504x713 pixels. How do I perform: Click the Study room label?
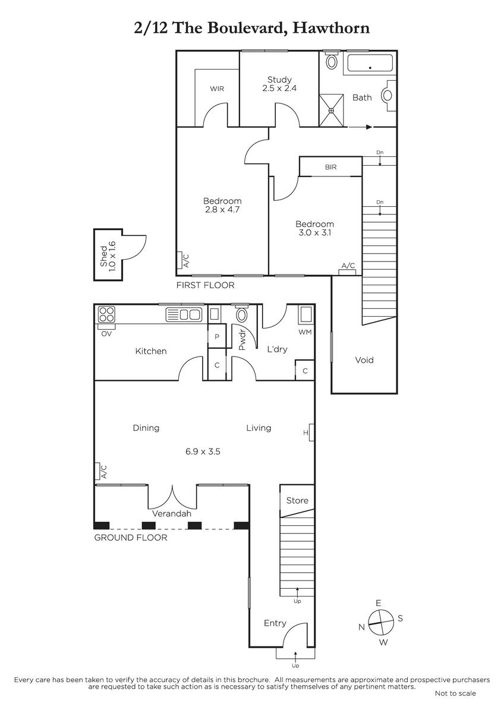[x=279, y=80]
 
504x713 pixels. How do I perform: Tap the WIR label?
[x=217, y=89]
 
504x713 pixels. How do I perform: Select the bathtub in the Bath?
[x=370, y=63]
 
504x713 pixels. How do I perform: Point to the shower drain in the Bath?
[x=331, y=111]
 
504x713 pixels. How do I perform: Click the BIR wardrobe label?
[x=331, y=167]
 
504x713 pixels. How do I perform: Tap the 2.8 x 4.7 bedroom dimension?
[x=222, y=209]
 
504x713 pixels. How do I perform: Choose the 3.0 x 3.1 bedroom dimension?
[x=314, y=233]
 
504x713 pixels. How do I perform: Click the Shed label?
[x=103, y=256]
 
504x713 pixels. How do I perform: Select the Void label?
[x=364, y=360]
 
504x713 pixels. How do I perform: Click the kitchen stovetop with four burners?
[x=106, y=314]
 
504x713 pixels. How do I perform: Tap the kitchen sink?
[x=184, y=314]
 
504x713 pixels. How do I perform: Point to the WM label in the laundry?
[x=305, y=332]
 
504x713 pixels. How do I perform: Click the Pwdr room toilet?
[x=242, y=314]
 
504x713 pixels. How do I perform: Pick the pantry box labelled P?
[x=217, y=336]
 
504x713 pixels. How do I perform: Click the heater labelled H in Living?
[x=311, y=433]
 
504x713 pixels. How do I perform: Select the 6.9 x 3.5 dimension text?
[x=203, y=452]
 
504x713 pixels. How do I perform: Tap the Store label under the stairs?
[x=297, y=500]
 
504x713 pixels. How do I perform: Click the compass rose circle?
[x=380, y=622]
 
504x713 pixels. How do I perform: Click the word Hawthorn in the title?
[x=331, y=28]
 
